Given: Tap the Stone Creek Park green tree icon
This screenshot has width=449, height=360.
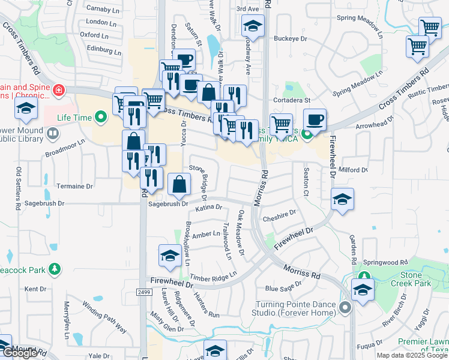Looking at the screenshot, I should click(x=364, y=275).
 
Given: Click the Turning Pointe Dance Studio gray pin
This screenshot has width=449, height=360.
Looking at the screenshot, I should click(x=345, y=308).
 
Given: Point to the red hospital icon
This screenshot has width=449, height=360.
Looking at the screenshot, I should click(x=59, y=91).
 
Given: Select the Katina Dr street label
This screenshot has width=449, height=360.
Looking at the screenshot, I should click(x=209, y=208).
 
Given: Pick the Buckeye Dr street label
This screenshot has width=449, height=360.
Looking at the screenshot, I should click(x=291, y=38).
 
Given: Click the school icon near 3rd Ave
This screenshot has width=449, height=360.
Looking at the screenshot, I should click(x=253, y=26).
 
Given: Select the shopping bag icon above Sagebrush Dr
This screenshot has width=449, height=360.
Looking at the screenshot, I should click(x=180, y=184).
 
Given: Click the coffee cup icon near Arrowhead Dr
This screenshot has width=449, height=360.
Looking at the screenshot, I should click(x=315, y=119).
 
